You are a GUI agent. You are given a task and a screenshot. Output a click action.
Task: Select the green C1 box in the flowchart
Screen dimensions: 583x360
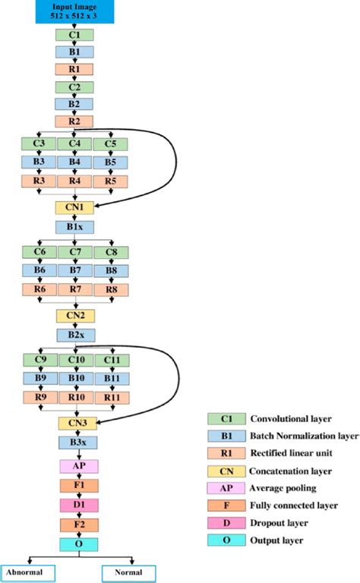point(75,35)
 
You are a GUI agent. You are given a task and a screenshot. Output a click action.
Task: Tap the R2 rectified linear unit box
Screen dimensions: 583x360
point(75,121)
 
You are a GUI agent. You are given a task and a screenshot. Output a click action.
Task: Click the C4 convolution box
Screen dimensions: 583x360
point(75,143)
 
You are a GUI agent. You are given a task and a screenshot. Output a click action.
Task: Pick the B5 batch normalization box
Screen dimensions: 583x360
point(110,162)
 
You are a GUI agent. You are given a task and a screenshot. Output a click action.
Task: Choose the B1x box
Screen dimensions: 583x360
point(75,226)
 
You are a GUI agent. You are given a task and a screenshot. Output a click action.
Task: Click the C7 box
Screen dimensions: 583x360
point(75,251)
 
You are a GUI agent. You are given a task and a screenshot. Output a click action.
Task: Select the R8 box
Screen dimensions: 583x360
point(110,288)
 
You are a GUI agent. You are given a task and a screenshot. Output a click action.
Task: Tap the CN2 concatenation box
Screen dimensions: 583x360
point(75,314)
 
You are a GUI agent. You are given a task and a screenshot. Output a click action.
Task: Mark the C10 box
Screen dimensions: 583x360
point(75,360)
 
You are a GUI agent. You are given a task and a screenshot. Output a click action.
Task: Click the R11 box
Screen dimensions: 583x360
point(110,396)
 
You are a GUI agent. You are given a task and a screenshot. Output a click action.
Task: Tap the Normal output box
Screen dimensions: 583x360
point(128,572)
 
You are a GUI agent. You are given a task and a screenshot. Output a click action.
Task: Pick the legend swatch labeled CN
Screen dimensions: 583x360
point(226,471)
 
